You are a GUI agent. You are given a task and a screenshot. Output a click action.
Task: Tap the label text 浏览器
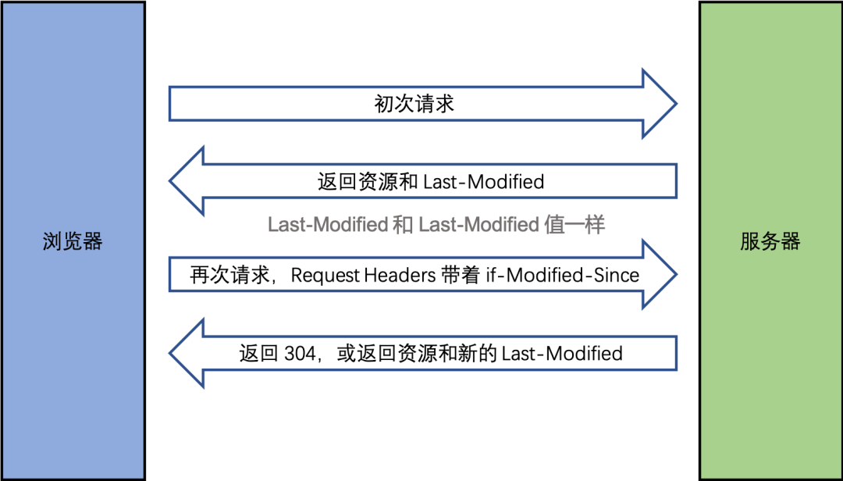coord(73,241)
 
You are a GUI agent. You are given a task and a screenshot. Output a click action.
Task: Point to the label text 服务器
coord(770,241)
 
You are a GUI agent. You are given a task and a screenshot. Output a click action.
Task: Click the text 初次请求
coord(414,104)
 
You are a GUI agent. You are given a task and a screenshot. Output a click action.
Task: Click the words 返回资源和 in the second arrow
coord(368,182)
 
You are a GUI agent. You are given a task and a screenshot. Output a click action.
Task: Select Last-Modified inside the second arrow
coord(483,182)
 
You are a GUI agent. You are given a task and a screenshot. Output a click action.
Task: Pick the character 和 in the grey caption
coord(403,225)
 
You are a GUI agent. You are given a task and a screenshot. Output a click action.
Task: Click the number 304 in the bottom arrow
coord(300,354)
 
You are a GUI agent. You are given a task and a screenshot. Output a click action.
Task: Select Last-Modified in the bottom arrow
coord(562,354)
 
